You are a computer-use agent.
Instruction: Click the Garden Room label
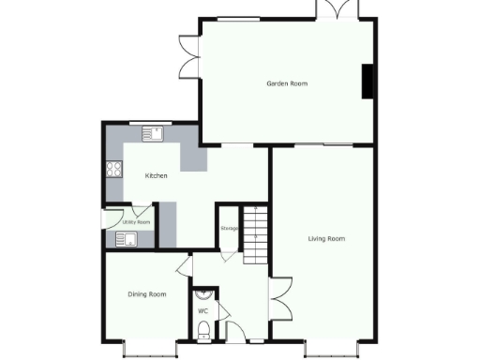287,83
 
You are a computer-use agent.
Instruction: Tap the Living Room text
326,239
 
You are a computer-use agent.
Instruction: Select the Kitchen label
156,176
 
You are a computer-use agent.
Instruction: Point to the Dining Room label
146,294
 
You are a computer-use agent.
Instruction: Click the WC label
202,309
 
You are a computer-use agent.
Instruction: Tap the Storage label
229,228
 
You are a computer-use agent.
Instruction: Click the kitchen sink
153,134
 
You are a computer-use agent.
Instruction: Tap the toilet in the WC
204,329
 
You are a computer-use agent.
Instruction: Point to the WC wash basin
209,293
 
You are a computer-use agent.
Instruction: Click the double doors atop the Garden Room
337,9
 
